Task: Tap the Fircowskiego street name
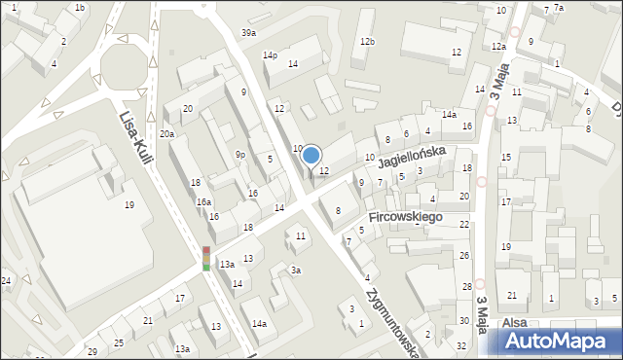406,216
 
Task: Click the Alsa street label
514,323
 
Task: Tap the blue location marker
311,155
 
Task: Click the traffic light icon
206,258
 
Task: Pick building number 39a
249,33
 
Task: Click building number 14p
270,55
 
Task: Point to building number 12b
367,42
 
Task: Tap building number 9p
239,154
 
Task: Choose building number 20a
167,134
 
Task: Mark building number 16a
203,201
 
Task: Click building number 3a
296,270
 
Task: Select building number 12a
498,47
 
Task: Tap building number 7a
559,8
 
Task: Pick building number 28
467,287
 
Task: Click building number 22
464,225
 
